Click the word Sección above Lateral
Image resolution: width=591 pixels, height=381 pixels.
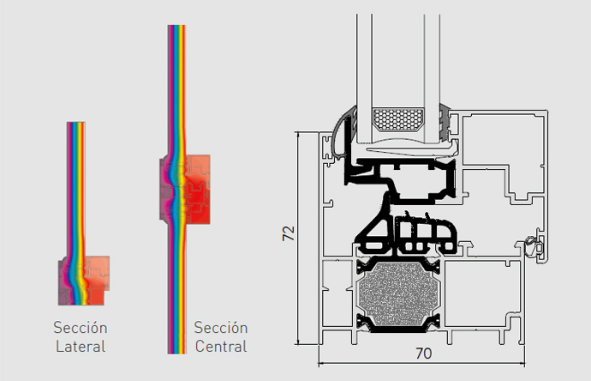(81, 328)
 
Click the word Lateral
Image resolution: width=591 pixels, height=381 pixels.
(81, 347)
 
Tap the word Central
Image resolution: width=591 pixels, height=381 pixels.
(221, 347)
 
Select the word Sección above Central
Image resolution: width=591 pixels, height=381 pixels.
(221, 328)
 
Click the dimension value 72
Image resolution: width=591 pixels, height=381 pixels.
(290, 233)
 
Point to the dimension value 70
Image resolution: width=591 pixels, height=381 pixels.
(424, 354)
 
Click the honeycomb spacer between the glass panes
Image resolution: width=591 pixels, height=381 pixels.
(398, 119)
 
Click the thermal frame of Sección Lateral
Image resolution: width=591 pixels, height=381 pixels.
(84, 281)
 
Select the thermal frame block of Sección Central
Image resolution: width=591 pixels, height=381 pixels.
(185, 189)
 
